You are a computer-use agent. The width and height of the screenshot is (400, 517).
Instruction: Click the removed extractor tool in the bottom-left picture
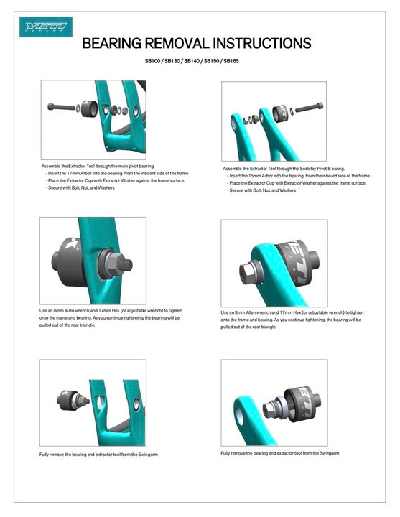point(71,400)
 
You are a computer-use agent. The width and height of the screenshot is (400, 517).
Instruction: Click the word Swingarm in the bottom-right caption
point(326,454)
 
